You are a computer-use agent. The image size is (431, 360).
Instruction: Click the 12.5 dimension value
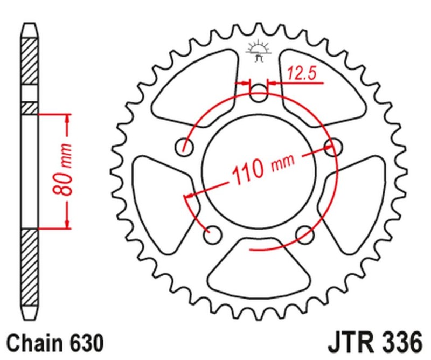pos(302,74)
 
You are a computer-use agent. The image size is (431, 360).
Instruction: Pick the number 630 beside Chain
pos(82,342)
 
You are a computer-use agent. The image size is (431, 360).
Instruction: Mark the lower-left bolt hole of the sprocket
pos(213,234)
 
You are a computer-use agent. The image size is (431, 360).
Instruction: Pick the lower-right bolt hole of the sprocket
pos(305,233)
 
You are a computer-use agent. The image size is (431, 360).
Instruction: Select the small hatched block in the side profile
pos(30,108)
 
